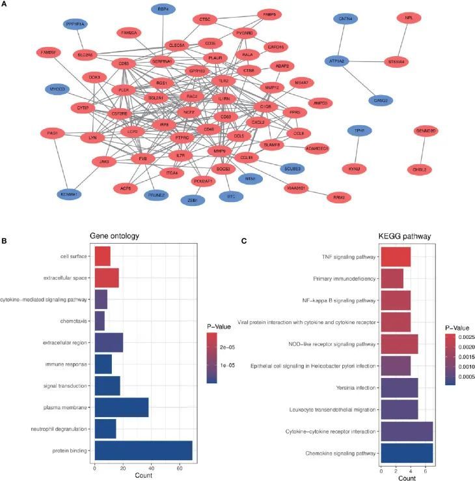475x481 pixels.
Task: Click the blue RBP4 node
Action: (x=163, y=9)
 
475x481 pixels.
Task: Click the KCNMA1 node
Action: (x=70, y=194)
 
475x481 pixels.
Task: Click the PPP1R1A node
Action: (x=74, y=24)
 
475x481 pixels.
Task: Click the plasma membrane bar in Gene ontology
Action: (x=122, y=407)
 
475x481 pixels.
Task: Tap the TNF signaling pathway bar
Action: (x=396, y=257)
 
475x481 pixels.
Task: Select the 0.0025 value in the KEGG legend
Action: (x=463, y=339)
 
